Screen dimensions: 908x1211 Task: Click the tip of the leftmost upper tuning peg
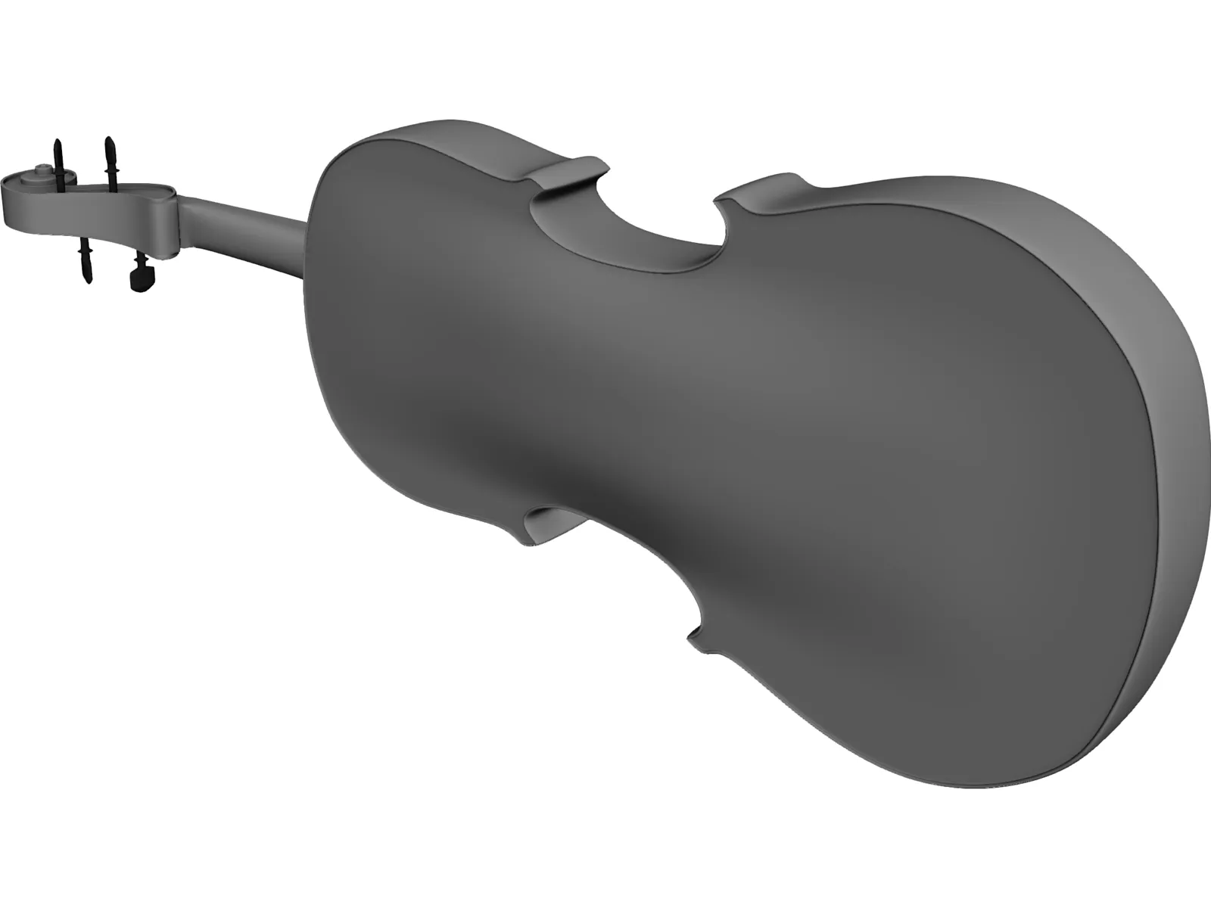tap(57, 144)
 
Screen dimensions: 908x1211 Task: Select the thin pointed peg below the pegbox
tap(85, 261)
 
